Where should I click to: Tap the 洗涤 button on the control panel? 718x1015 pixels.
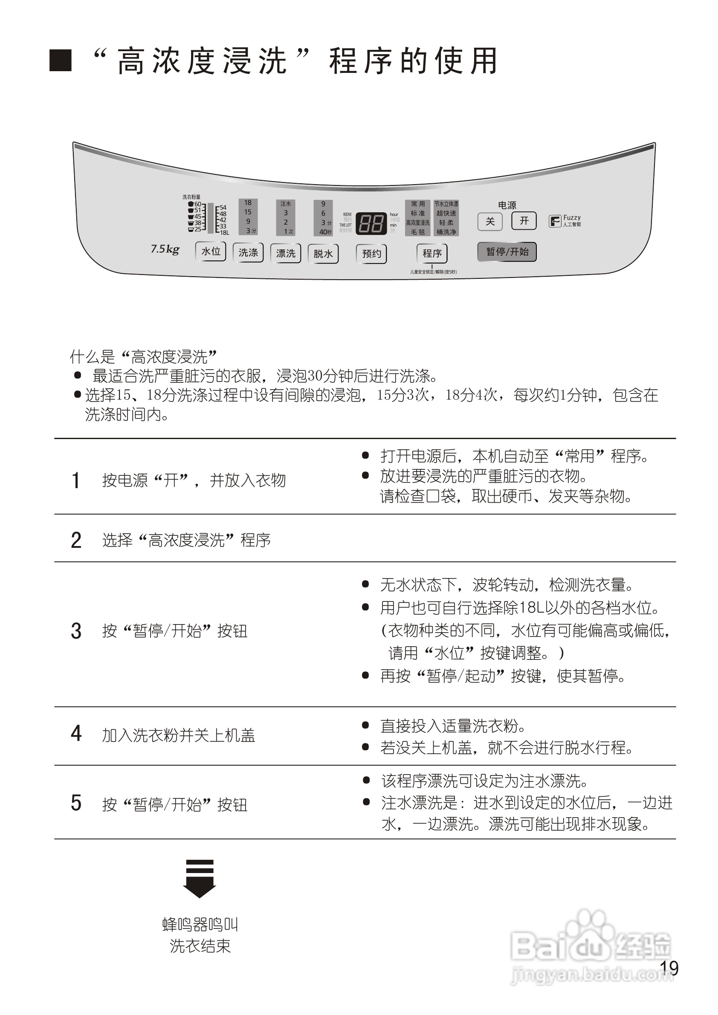point(248,252)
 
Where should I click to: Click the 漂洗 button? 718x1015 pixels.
point(286,253)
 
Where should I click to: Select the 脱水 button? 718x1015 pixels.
point(323,254)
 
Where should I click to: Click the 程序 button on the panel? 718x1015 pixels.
point(432,253)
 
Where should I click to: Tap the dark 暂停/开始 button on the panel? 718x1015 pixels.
point(507,252)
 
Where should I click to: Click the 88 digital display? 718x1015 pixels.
point(371,224)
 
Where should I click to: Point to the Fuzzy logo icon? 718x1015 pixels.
point(554,221)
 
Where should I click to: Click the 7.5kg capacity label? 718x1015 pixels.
point(165,249)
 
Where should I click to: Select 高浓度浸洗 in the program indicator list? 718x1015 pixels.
point(418,223)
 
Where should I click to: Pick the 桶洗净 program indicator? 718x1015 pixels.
point(446,232)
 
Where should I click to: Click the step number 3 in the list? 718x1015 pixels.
point(76,631)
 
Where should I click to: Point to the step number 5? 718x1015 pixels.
point(76,802)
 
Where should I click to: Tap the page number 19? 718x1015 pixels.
point(669,968)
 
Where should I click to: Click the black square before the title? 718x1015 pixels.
point(61,61)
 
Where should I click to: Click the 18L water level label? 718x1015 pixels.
point(224,232)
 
